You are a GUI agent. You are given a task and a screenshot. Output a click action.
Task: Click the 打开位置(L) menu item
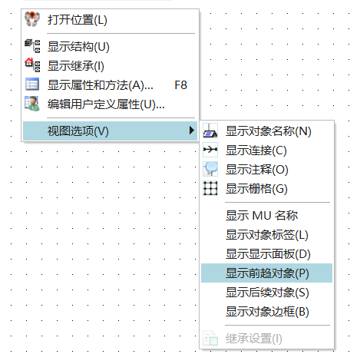coord(78,20)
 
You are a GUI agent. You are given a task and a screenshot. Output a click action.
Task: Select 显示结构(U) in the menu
coord(78,47)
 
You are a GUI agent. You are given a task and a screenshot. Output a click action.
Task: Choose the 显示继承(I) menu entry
coord(76,66)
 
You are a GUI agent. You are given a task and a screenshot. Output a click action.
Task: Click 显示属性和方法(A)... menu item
coord(101,85)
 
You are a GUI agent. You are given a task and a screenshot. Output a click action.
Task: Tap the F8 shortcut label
coord(180,85)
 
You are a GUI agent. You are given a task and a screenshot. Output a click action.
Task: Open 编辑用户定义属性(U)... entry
coord(106,104)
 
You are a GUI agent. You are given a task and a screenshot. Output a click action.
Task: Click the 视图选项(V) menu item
coord(78,131)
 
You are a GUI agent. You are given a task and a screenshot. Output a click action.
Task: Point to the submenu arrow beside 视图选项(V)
coord(191,131)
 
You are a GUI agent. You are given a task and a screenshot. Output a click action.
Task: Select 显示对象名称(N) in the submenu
coord(269,131)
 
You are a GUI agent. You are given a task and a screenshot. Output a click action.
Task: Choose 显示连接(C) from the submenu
coord(256,151)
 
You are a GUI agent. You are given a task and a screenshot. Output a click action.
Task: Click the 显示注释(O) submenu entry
coord(257,170)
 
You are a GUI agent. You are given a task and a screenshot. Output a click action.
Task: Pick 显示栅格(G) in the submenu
coord(256,189)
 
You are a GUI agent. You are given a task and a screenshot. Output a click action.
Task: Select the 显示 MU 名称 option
coord(262,216)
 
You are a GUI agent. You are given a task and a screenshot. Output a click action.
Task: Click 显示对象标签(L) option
coord(267,235)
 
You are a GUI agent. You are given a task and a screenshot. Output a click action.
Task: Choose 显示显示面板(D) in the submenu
coord(268,254)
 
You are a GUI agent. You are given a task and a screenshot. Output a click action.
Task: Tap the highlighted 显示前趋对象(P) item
coord(267,273)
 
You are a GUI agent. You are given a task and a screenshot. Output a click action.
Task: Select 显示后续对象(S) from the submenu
coord(267,293)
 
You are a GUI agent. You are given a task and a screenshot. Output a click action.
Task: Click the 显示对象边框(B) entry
coord(267,312)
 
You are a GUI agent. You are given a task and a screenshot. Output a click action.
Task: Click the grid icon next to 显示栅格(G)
coord(210,188)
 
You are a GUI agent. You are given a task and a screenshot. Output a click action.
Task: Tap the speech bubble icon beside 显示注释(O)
coord(210,169)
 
